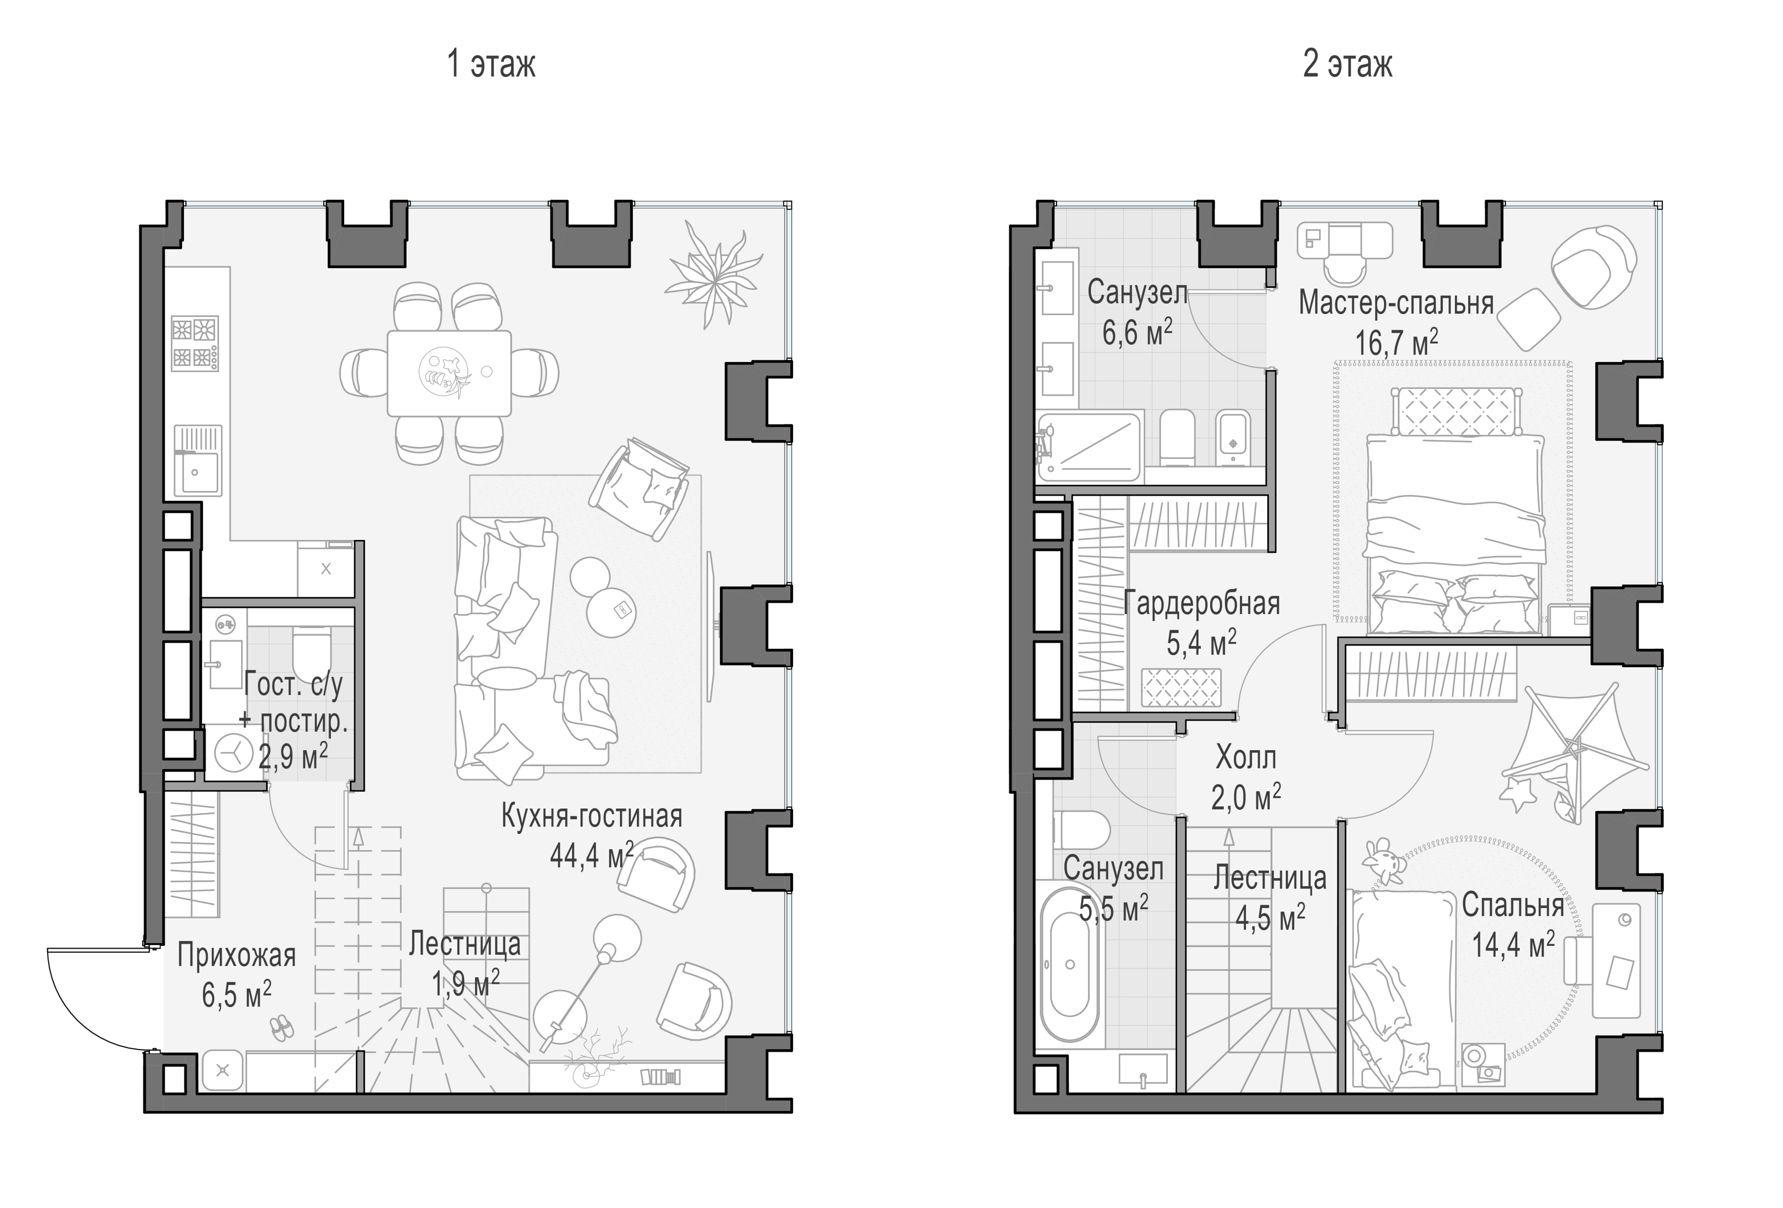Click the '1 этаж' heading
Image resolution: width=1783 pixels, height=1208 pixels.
point(491,65)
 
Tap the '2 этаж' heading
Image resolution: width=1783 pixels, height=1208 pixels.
point(1347,65)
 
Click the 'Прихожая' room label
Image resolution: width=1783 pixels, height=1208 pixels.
point(236,956)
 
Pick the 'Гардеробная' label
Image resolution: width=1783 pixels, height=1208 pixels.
point(1201,604)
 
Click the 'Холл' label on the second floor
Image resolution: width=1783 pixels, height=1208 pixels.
point(1246,758)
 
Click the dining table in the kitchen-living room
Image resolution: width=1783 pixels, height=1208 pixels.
point(449,373)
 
